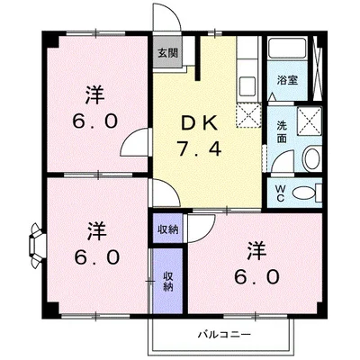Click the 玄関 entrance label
click(x=167, y=54)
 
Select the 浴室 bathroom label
click(x=288, y=80)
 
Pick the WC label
click(x=279, y=192)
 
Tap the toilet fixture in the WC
click(x=305, y=192)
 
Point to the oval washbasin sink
click(x=310, y=157)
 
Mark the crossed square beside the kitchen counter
click(x=247, y=114)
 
